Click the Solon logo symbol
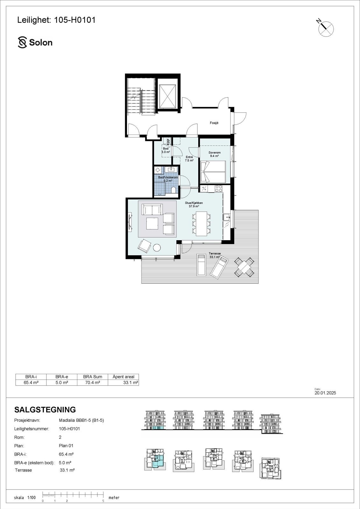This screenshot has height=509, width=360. [23, 42]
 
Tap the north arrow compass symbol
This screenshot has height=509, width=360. [326, 28]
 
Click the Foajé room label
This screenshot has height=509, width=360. [214, 123]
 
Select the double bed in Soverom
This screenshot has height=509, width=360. [213, 172]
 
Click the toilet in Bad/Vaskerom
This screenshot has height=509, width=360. [173, 190]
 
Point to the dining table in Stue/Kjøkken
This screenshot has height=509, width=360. [201, 224]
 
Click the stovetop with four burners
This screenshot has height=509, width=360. [218, 188]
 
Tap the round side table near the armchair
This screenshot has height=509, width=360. [157, 247]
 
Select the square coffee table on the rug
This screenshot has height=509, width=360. [152, 223]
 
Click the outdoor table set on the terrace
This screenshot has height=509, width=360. [244, 267]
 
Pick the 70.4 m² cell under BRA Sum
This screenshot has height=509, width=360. [93, 383]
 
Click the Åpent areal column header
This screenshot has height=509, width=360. [124, 377]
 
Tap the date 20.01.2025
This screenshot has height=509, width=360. [325, 393]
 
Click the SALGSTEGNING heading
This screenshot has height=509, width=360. [45, 410]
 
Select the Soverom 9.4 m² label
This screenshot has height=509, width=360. [214, 154]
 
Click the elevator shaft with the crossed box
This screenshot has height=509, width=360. [167, 96]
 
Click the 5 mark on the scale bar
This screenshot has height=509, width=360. [103, 501]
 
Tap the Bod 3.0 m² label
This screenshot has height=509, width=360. [166, 150]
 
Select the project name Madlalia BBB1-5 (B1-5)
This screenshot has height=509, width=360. [81, 420]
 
